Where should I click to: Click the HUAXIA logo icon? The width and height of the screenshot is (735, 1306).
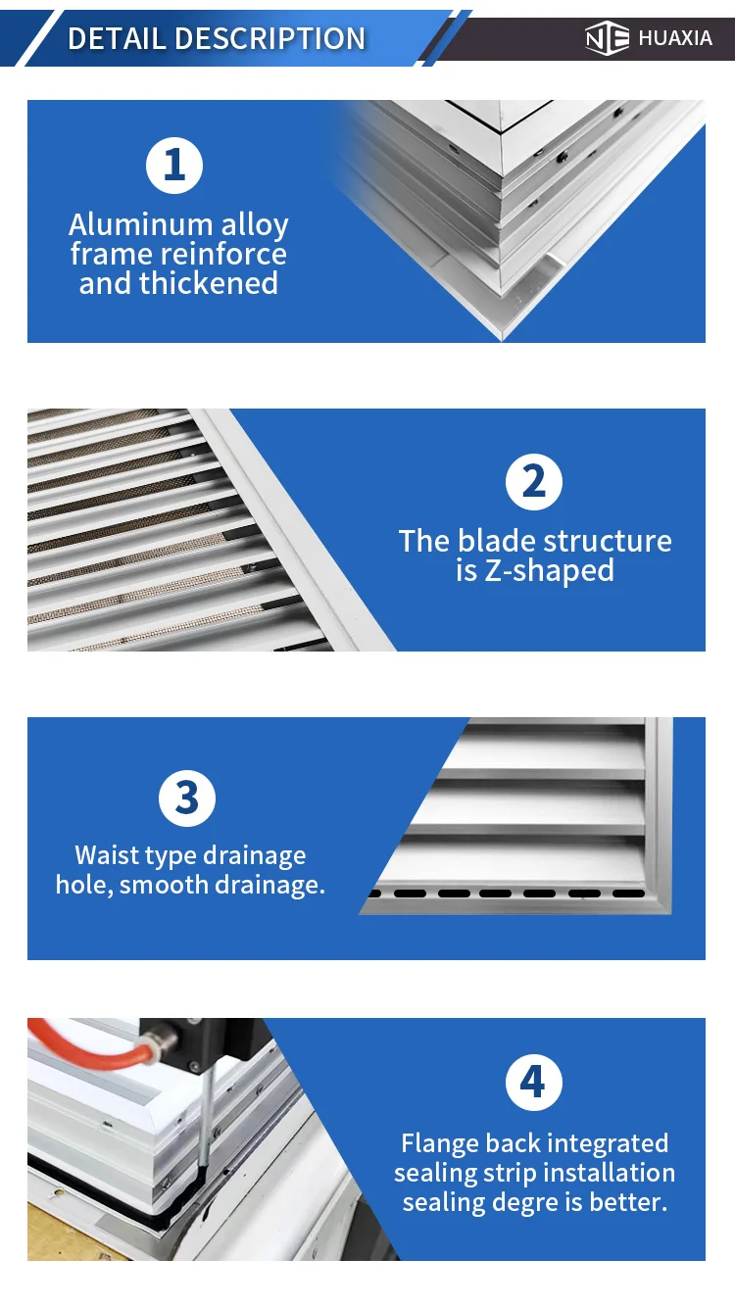[x=606, y=38]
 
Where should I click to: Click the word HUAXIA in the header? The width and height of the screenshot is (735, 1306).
[x=675, y=39]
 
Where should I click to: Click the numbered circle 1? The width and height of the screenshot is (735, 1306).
[x=174, y=165]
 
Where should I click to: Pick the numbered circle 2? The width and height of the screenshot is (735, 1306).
[x=533, y=482]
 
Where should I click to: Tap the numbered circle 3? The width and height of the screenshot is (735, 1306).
[x=187, y=798]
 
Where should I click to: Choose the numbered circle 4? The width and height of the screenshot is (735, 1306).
[x=533, y=1083]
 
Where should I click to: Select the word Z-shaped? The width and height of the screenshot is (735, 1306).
[x=549, y=571]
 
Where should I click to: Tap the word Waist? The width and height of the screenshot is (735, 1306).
[x=107, y=855]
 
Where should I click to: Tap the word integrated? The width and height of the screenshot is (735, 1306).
[x=608, y=1143]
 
